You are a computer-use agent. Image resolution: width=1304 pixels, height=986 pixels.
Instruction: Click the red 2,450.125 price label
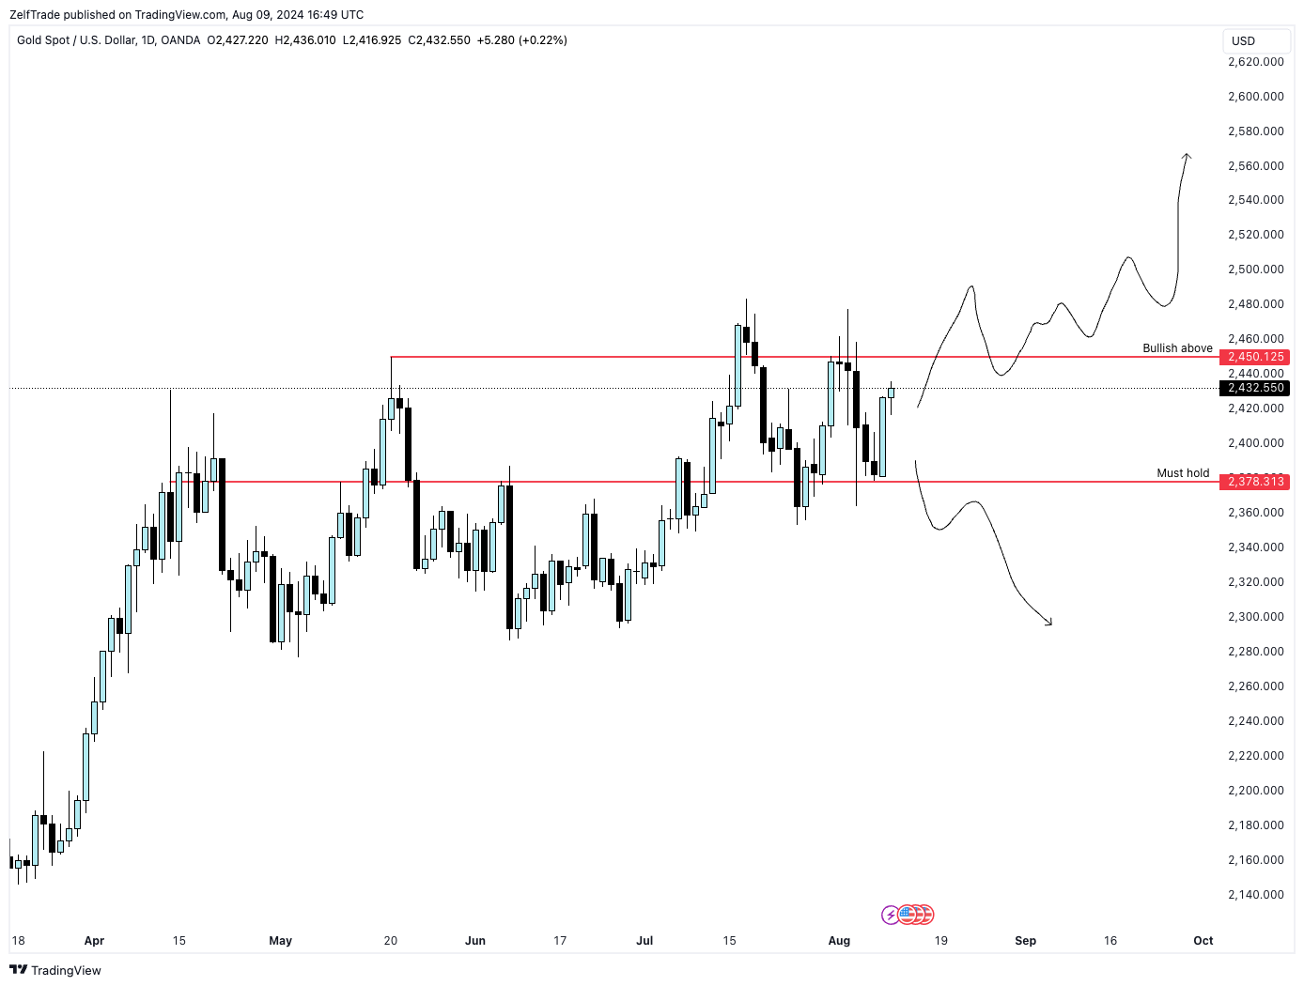point(1254,357)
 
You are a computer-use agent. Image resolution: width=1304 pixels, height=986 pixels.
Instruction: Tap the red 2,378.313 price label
point(1254,482)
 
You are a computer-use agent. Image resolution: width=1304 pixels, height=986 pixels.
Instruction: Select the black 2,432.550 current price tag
point(1254,388)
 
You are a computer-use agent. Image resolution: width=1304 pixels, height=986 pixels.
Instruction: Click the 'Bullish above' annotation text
point(1177,348)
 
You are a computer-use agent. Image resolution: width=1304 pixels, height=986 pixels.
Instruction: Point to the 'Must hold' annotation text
point(1183,473)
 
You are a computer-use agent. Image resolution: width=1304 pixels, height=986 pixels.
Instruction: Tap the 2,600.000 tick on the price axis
point(1255,97)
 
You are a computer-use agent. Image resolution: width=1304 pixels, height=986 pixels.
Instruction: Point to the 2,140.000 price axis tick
point(1255,895)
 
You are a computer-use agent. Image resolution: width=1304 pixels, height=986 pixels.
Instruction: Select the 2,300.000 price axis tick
point(1255,617)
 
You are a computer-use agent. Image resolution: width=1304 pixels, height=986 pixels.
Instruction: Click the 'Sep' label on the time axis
point(1025,941)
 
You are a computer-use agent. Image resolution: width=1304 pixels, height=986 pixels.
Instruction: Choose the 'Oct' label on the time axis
point(1203,941)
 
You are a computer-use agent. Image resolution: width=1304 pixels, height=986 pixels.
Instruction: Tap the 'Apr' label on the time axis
point(94,941)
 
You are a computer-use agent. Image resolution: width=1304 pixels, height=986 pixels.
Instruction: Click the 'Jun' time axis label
point(475,941)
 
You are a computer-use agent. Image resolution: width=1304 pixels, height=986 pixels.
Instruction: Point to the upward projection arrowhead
point(1188,156)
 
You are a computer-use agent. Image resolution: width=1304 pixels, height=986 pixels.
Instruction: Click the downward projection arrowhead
point(1049,623)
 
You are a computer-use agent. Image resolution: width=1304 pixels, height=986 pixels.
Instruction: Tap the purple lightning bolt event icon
point(890,915)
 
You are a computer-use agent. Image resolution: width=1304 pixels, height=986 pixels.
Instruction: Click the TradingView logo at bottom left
point(55,970)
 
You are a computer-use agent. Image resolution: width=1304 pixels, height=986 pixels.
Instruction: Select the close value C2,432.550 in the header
point(439,40)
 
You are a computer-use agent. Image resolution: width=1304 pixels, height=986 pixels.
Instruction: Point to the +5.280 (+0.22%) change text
point(521,40)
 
